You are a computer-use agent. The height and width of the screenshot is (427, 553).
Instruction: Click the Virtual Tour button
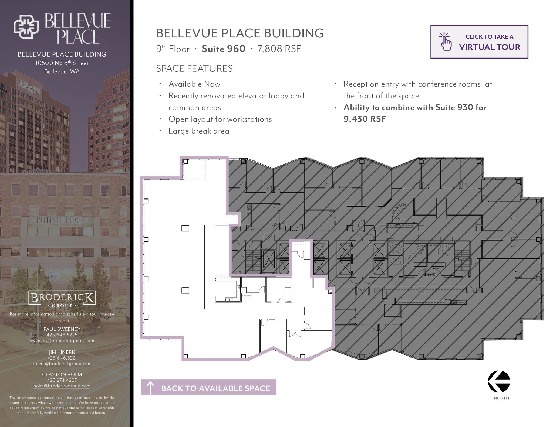pos(479,42)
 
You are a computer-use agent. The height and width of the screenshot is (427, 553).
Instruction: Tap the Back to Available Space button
pos(209,388)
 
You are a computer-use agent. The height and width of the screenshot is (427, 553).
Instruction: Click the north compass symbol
pos(499,381)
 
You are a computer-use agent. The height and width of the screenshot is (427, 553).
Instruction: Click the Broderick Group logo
pos(62,299)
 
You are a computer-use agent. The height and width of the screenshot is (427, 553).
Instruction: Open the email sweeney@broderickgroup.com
pos(62,341)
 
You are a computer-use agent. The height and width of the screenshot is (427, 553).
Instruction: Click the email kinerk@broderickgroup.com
pos(62,364)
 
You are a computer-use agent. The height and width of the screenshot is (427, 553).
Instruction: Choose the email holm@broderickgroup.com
pos(62,386)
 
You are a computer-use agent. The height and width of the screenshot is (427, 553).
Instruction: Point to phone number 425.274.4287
pos(62,380)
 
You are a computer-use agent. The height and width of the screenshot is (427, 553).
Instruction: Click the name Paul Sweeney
pos(62,329)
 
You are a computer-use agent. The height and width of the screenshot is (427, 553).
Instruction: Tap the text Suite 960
pos(224,49)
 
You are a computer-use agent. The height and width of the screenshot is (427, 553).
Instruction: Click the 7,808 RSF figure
pos(279,49)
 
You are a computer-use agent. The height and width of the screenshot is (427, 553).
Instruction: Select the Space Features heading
pos(194,69)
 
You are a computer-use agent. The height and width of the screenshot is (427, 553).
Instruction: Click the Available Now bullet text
pos(194,84)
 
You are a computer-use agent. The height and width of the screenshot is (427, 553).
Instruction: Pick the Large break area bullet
pos(199,131)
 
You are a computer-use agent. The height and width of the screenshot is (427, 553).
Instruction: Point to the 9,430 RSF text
pos(365,119)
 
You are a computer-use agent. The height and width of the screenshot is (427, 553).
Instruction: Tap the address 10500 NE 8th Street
pos(62,63)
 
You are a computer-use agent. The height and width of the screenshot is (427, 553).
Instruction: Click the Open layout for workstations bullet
pos(220,119)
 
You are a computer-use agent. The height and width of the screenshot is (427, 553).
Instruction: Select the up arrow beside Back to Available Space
pos(150,388)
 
